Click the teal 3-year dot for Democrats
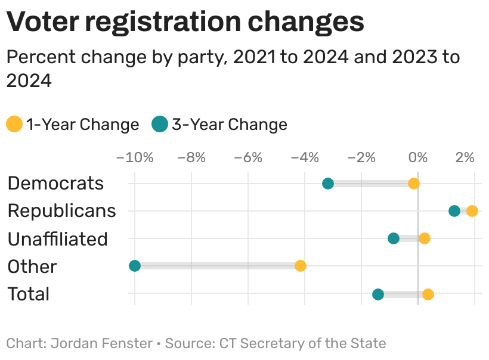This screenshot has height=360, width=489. coord(328,184)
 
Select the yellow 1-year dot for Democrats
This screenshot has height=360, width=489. coord(414,184)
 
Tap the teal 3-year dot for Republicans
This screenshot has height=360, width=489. coord(454,211)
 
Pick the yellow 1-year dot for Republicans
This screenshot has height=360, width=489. coord(472,211)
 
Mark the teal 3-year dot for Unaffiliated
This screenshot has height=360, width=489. coord(394,238)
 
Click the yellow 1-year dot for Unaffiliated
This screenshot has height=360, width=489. coord(425,238)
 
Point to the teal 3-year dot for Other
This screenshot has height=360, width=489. coord(135,266)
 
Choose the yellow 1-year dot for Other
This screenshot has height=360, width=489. coord(301,266)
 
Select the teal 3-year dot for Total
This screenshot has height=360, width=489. coord(378,294)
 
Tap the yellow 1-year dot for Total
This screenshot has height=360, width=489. coord(428,294)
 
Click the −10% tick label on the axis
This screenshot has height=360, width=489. coord(135,158)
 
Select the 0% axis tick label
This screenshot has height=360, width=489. coord(418,158)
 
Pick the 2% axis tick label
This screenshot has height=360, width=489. coord(465,158)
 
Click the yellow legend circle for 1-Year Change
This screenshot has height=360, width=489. coord(14,125)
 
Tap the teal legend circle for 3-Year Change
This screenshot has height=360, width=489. coord(160,125)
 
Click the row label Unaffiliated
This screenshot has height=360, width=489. coord(57,239)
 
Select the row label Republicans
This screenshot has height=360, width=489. coord(61,211)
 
